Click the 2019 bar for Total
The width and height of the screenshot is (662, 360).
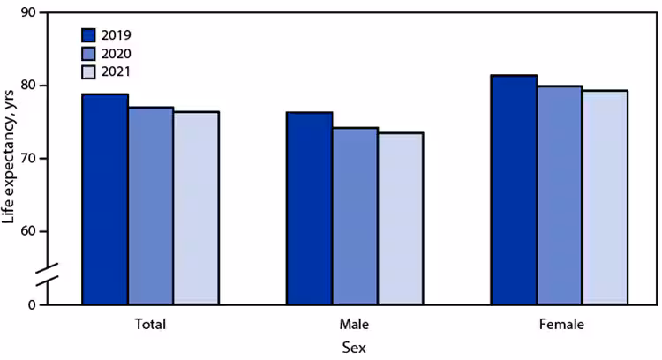click(105, 199)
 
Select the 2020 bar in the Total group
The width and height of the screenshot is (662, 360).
click(151, 206)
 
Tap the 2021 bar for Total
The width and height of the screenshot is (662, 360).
click(196, 208)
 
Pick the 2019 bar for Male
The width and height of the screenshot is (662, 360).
click(310, 208)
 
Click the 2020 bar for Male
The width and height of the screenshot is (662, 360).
click(355, 216)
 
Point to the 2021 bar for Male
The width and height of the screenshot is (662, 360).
click(401, 219)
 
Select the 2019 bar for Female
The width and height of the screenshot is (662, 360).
click(514, 190)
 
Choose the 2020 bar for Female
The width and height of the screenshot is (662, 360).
click(560, 195)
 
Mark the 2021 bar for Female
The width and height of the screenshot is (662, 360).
click(605, 198)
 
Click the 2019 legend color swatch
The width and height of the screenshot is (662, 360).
click(88, 35)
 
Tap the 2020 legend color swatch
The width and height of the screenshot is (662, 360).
click(88, 54)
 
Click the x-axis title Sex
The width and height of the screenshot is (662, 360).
click(355, 348)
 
